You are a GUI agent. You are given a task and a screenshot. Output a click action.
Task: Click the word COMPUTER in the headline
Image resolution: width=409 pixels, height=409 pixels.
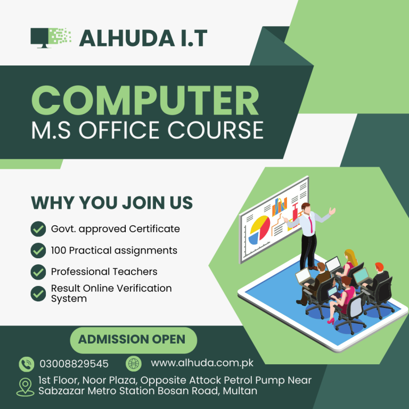(x=145, y=101)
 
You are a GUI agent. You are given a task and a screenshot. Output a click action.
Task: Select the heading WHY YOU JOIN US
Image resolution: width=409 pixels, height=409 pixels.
(x=112, y=203)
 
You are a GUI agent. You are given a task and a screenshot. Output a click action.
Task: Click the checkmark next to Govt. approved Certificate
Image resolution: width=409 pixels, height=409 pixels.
(x=38, y=230)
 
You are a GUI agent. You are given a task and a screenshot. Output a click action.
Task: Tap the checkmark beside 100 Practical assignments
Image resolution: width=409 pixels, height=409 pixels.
(x=38, y=250)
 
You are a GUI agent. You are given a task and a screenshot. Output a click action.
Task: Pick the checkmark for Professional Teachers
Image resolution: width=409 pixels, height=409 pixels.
(x=38, y=272)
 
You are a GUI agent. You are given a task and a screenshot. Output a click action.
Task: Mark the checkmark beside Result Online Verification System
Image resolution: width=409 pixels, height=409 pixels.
(x=38, y=293)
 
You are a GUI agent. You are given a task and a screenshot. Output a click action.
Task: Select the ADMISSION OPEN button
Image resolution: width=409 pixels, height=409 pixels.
(x=132, y=339)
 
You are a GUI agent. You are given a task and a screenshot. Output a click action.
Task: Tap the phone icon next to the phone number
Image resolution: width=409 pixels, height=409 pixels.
(x=26, y=364)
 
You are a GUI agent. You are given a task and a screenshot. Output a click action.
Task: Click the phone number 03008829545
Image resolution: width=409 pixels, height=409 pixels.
(x=74, y=364)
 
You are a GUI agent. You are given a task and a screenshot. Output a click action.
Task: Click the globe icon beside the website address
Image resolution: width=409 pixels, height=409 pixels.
(x=133, y=364)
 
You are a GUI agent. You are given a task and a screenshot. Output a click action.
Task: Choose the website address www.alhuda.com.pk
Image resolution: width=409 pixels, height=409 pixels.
(x=202, y=363)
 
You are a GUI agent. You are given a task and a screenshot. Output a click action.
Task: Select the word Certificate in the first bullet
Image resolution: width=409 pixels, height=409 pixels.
(x=154, y=229)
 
